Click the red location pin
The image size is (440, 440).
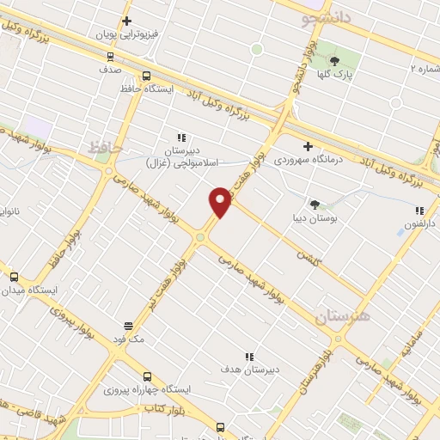(221, 201)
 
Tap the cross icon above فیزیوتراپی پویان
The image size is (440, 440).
(127, 21)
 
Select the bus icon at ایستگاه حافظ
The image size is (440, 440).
(147, 75)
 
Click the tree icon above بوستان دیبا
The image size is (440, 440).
(315, 205)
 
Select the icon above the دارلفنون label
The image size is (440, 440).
(419, 211)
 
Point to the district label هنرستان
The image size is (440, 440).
(341, 317)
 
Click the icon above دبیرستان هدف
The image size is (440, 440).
(249, 356)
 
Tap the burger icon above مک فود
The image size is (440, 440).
(128, 326)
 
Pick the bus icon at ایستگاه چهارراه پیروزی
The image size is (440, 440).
(147, 376)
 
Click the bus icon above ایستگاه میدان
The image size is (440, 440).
(13, 277)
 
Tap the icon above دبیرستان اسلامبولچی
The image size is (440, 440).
(180, 137)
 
